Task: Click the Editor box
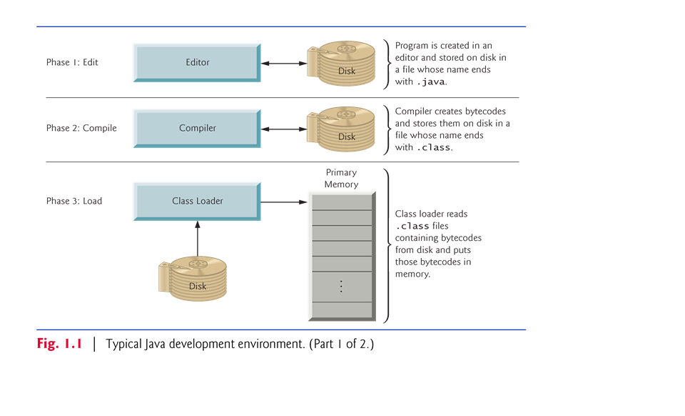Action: pos(197,63)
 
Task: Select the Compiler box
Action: pos(197,129)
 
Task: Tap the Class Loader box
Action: pos(197,201)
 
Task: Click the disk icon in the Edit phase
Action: pos(342,64)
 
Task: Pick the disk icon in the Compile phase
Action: pos(342,129)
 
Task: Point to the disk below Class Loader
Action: pos(193,279)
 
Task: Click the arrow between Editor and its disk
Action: pos(283,64)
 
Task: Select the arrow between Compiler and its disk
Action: pos(283,129)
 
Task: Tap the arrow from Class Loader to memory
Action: pos(283,202)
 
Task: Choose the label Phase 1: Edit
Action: pos(72,63)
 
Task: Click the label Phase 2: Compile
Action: pos(81,129)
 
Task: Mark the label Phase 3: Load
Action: pos(74,202)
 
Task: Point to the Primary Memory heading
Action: pos(340,179)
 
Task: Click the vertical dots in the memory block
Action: pos(341,286)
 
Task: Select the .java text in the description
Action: pos(431,82)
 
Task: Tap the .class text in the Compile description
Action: pos(434,148)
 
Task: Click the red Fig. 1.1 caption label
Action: pos(59,344)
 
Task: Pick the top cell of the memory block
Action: pos(341,201)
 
